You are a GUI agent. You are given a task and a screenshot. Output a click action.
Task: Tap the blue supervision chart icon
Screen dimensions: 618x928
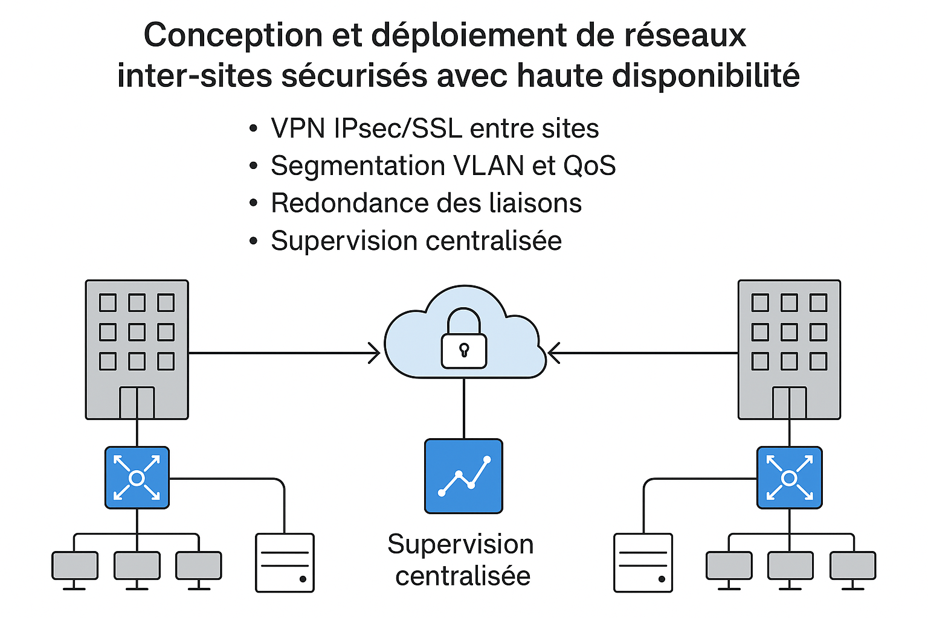pyautogui.click(x=463, y=476)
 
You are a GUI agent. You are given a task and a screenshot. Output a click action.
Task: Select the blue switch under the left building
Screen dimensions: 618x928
pyautogui.click(x=137, y=478)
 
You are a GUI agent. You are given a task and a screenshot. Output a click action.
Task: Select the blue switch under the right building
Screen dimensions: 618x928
pyautogui.click(x=789, y=478)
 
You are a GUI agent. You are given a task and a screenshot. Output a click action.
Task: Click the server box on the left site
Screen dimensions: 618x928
pyautogui.click(x=285, y=562)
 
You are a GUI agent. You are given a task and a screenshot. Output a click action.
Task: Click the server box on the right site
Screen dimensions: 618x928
pyautogui.click(x=643, y=562)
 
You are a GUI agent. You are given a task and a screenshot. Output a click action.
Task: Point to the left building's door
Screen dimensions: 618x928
pyautogui.click(x=137, y=403)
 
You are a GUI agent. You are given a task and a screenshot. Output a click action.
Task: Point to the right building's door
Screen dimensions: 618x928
pyautogui.click(x=789, y=403)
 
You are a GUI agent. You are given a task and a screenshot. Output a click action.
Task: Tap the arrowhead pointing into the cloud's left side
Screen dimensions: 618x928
pyautogui.click(x=375, y=353)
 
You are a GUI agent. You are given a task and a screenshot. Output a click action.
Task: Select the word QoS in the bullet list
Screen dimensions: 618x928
pyautogui.click(x=589, y=166)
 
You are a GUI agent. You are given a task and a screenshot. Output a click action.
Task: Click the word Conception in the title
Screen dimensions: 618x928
pyautogui.click(x=233, y=35)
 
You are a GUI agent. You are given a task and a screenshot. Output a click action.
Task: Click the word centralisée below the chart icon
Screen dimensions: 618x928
pyautogui.click(x=463, y=576)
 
